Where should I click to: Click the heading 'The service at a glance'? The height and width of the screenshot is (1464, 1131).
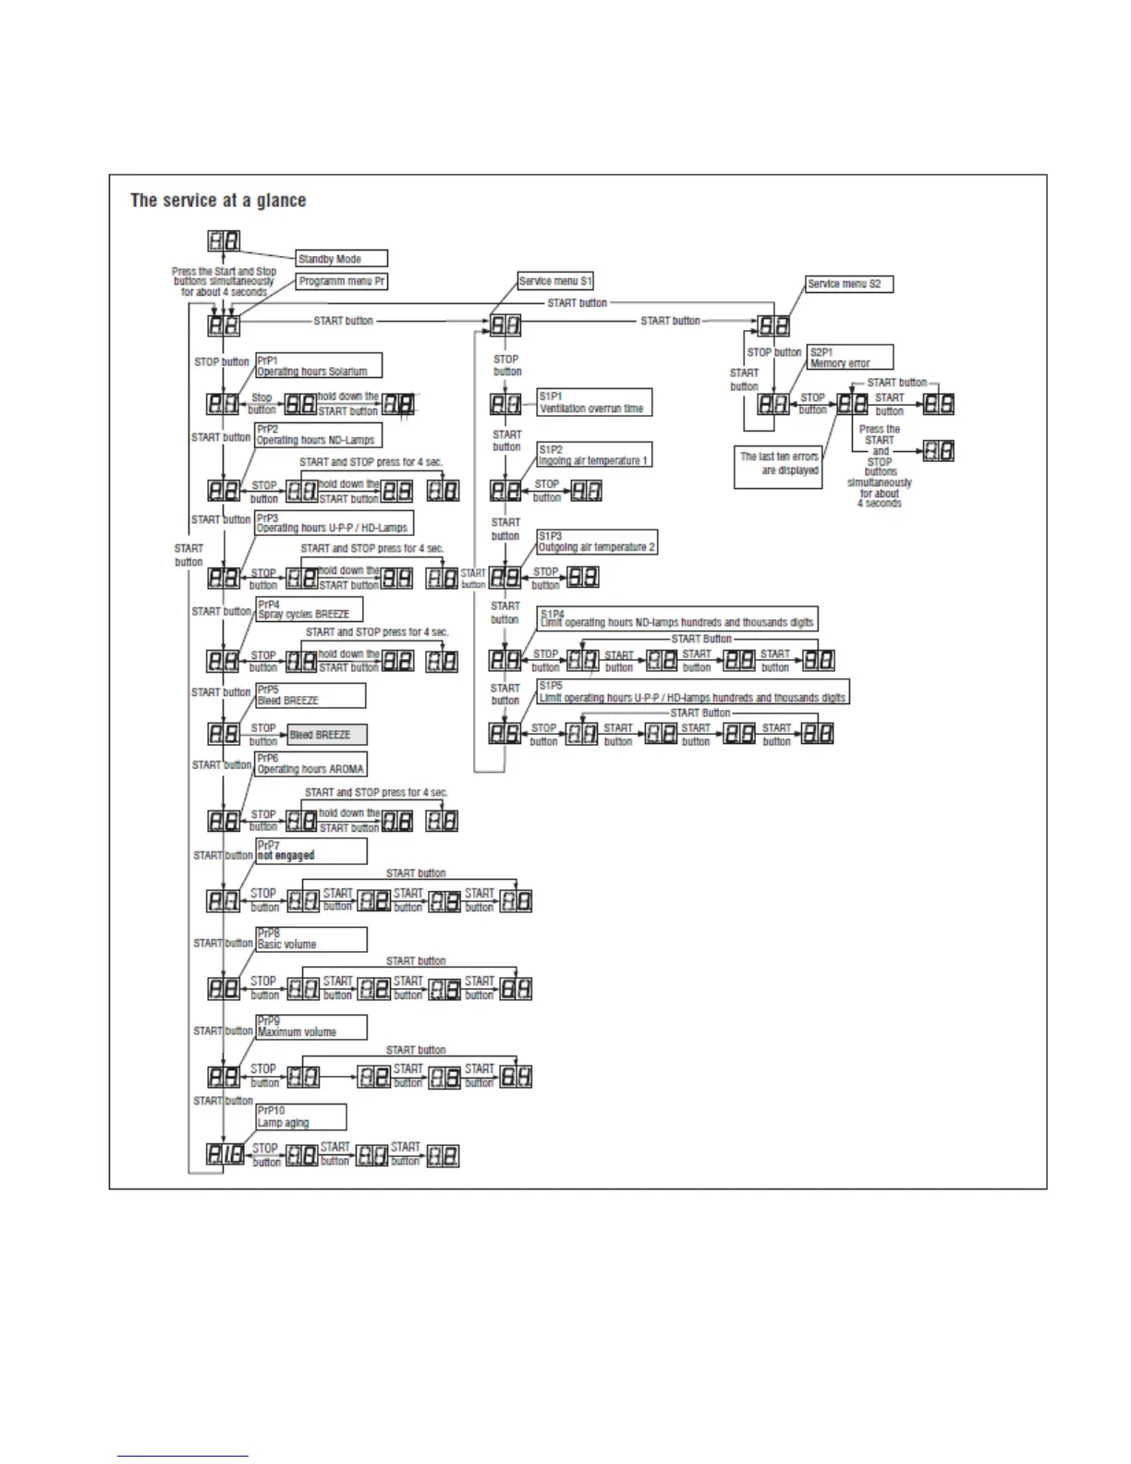point(218,201)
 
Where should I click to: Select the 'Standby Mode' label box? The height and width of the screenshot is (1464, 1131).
point(341,259)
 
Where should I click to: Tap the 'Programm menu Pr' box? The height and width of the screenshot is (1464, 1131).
point(341,281)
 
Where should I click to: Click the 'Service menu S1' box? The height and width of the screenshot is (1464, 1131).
point(555,281)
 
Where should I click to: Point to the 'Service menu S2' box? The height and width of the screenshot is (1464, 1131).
point(849,284)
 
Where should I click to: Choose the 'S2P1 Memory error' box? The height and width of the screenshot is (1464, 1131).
point(850,358)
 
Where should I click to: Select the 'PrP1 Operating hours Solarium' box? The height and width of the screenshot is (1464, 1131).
point(318,365)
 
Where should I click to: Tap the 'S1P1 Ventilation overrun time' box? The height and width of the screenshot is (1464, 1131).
point(594,402)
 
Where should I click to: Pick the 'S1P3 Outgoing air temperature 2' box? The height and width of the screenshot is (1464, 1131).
point(597,542)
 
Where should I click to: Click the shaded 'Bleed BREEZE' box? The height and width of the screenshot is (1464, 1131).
point(327,735)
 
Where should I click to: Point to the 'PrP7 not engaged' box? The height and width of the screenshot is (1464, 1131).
point(310,850)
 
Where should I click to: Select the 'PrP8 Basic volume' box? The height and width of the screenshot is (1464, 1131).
point(310,939)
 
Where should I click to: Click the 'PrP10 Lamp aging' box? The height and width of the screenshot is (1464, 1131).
point(300,1116)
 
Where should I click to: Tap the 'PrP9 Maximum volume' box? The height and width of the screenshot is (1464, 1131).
point(310,1027)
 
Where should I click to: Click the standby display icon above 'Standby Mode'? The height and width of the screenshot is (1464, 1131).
point(224,241)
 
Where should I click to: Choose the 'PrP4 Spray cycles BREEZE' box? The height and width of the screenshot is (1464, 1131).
point(309,609)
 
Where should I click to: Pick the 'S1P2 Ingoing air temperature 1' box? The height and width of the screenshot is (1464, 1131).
point(594,455)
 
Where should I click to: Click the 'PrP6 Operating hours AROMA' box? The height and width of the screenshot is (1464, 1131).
point(310,763)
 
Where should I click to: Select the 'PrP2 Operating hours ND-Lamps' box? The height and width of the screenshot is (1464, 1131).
point(318,434)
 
